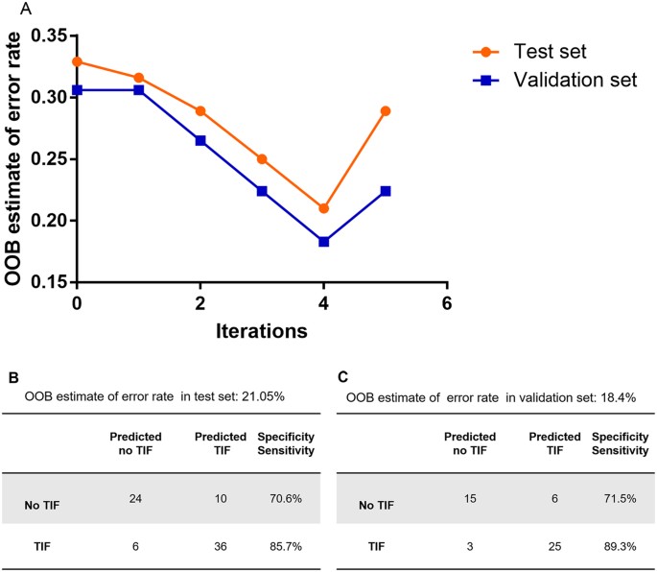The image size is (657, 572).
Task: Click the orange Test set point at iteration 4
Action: click(x=323, y=208)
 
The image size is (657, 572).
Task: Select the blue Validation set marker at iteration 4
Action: click(x=323, y=242)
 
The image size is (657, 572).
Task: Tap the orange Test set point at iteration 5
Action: click(x=386, y=111)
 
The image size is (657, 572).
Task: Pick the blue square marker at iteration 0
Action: click(x=77, y=89)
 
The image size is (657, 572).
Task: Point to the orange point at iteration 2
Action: click(x=200, y=111)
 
